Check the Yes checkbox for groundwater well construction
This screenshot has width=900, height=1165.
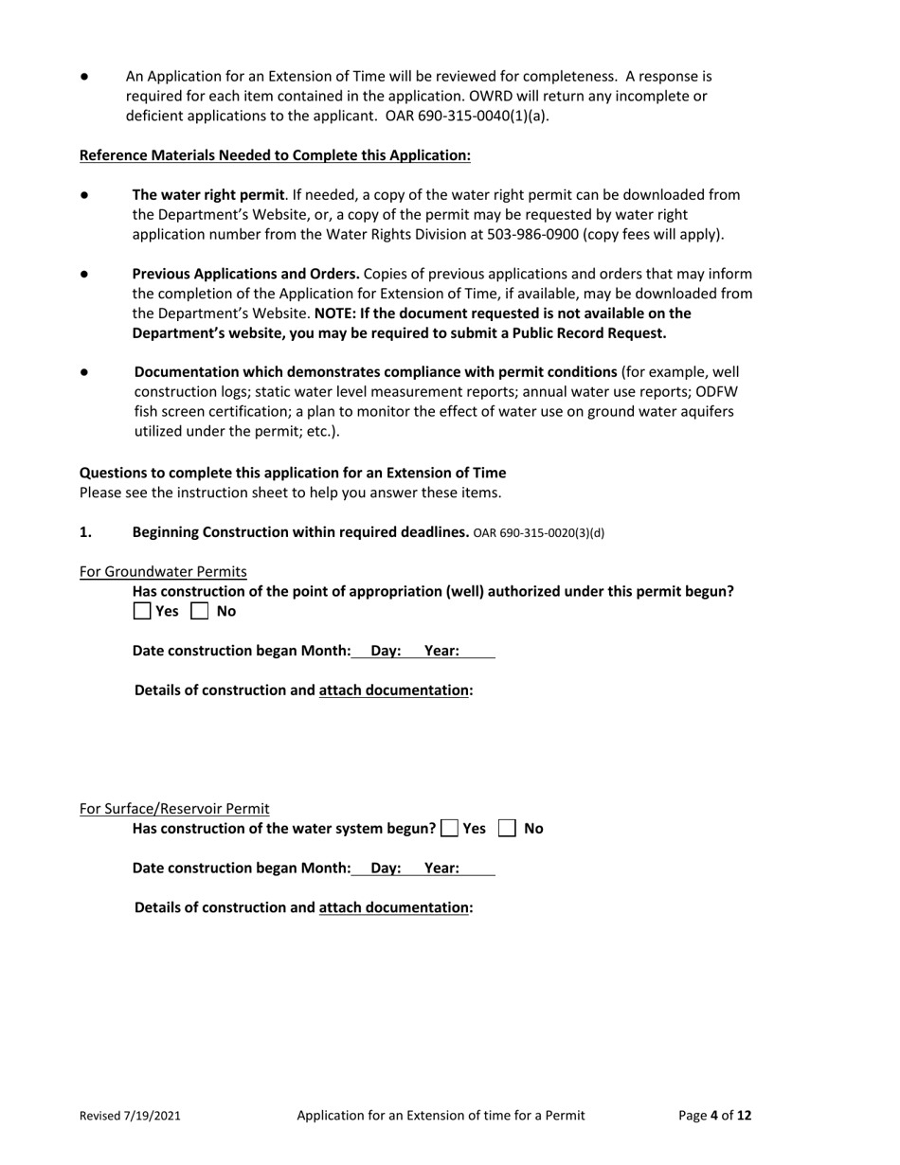point(142,612)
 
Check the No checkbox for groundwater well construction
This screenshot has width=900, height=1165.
point(199,612)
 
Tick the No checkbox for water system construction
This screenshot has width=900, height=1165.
point(507,829)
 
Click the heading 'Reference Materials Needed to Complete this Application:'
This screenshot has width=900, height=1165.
point(275,155)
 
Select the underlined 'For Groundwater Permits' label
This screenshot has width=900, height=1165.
point(163,571)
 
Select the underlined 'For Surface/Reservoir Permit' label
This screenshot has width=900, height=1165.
point(174,809)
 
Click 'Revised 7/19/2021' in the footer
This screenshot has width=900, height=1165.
point(130,1116)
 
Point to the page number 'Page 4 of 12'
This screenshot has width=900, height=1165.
point(715,1116)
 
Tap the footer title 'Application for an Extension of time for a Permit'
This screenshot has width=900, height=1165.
point(441,1116)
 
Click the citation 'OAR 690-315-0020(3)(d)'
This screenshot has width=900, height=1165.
point(538,532)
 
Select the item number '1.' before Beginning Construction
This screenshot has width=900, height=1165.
point(85,532)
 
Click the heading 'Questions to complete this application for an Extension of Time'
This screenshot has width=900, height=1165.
point(293,473)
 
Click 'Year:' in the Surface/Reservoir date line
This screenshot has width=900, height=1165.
point(441,869)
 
